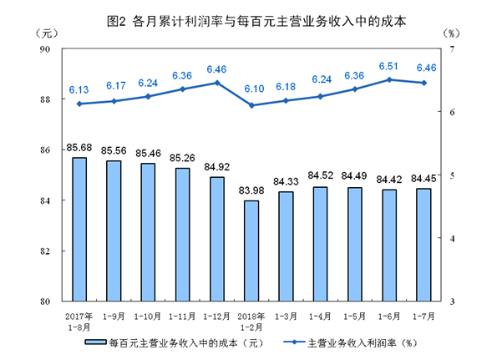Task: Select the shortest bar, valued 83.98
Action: tap(251, 251)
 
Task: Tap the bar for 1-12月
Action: tap(216, 239)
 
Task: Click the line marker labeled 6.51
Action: tap(389, 79)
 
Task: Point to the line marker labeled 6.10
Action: tap(251, 105)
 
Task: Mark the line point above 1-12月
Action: tap(216, 83)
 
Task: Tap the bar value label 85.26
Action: tap(182, 156)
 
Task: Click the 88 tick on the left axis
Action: tap(46, 99)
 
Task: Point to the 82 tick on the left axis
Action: tap(46, 251)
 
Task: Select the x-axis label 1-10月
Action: tap(148, 317)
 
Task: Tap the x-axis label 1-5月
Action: tap(354, 317)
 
